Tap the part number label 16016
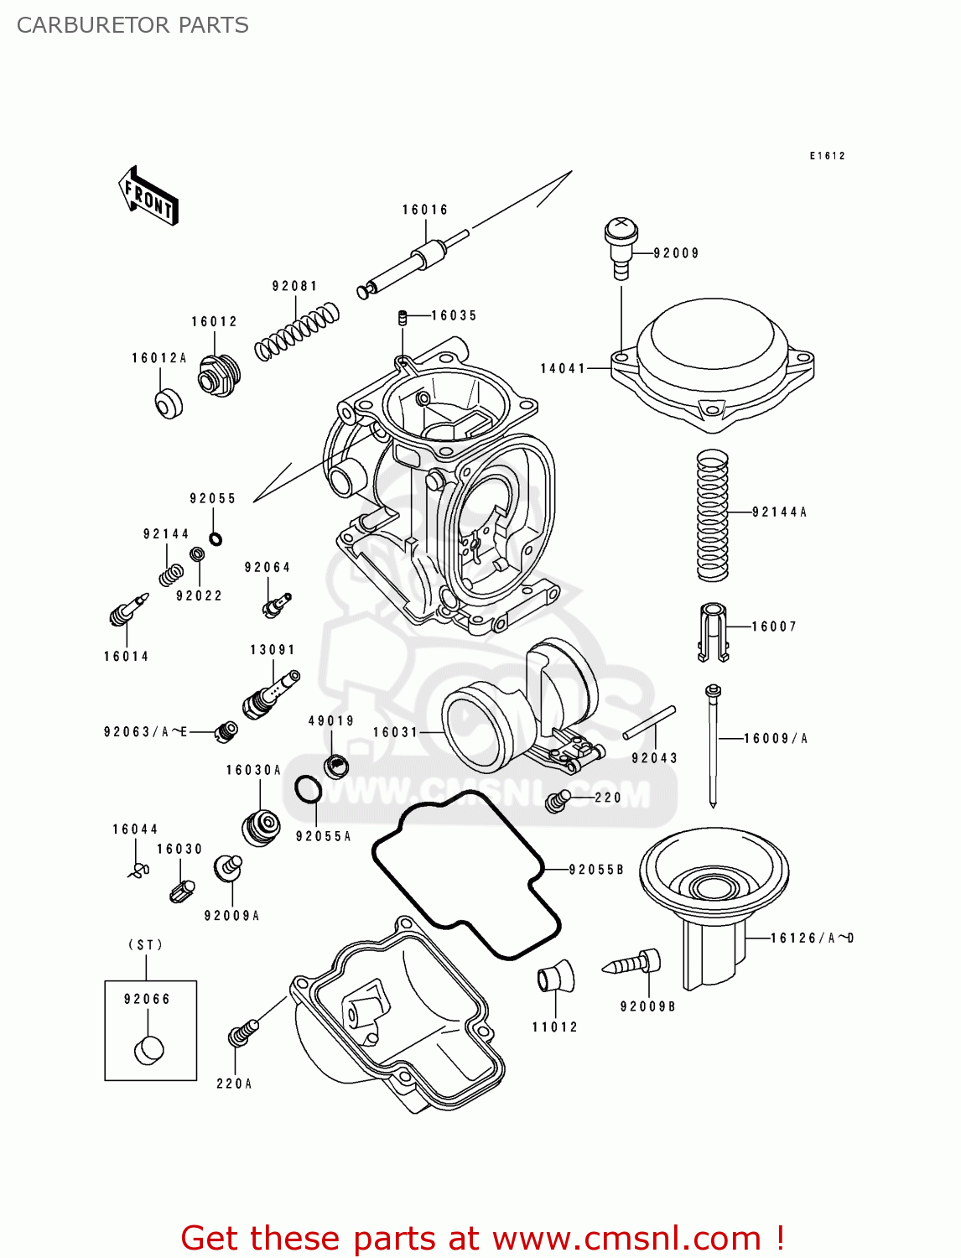click(x=424, y=210)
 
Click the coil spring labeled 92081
click(x=297, y=332)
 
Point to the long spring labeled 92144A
click(x=712, y=516)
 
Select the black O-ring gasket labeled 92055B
click(x=466, y=875)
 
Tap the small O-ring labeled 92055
click(x=216, y=538)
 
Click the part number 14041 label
click(x=563, y=368)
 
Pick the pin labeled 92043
click(x=649, y=723)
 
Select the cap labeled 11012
click(x=555, y=977)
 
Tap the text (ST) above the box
click(x=145, y=944)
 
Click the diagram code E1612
click(x=827, y=156)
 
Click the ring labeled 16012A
click(x=169, y=403)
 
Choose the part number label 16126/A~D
click(x=811, y=938)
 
